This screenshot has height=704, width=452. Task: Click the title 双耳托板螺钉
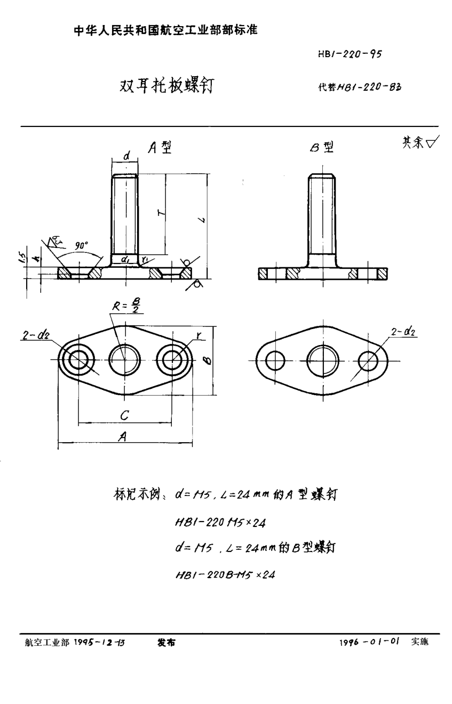166,85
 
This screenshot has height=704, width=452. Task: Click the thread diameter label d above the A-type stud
125,155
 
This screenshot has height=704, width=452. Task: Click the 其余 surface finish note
418,142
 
